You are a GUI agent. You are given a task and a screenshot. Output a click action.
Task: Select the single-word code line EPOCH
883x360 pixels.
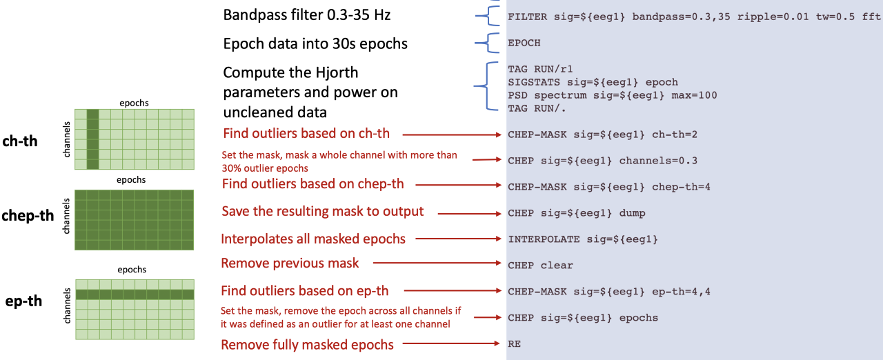click(x=524, y=43)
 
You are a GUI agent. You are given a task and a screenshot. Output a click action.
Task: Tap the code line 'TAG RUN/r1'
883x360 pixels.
click(x=540, y=69)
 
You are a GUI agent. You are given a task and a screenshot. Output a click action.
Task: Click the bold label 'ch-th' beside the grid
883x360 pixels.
click(x=21, y=141)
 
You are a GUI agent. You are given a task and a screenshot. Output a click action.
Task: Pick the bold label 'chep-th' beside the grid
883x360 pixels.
click(x=28, y=216)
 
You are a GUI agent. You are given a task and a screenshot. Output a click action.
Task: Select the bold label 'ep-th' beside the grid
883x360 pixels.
click(x=23, y=300)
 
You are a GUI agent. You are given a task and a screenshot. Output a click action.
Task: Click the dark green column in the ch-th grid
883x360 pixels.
click(x=93, y=139)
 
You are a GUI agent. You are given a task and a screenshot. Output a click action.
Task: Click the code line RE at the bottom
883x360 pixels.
click(x=514, y=343)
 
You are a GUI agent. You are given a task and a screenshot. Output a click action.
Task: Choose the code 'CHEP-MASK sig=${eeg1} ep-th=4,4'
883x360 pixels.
click(x=609, y=292)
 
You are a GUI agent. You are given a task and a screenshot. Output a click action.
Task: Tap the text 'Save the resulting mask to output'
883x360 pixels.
click(x=323, y=211)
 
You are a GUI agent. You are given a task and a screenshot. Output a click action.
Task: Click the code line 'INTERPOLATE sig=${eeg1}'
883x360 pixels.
click(x=583, y=239)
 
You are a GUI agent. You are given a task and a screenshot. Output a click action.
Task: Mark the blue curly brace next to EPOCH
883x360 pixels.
click(x=489, y=43)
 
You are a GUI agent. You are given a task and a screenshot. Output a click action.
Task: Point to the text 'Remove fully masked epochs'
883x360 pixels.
click(x=307, y=344)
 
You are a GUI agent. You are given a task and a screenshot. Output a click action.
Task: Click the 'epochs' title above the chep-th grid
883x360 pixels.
click(x=131, y=180)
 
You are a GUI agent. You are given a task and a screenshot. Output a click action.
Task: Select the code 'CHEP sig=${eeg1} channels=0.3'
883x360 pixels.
click(x=602, y=161)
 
